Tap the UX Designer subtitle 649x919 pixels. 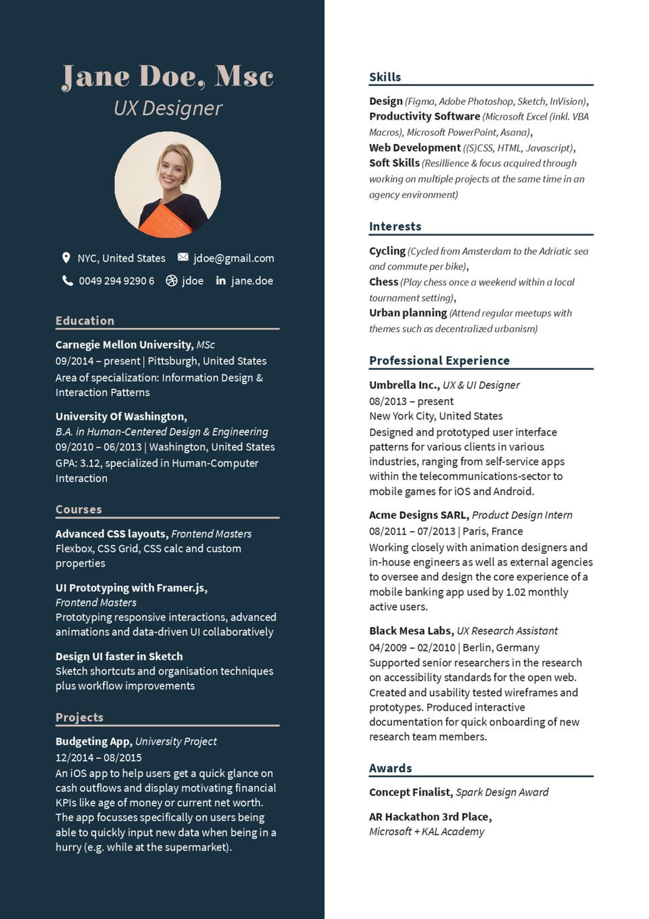[168, 108]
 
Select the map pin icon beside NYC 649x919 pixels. [66, 258]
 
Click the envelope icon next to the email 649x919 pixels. [183, 258]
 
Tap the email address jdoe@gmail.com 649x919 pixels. [234, 258]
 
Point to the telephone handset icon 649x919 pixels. [68, 281]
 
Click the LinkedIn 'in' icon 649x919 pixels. [220, 281]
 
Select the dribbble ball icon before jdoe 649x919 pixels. [171, 281]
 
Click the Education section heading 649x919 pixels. [85, 321]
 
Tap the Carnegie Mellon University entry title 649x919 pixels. [124, 345]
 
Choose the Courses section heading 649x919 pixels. [78, 509]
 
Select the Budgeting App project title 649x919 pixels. [93, 741]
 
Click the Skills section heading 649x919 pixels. [385, 77]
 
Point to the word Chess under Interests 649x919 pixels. [383, 282]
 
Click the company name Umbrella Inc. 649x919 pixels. [404, 385]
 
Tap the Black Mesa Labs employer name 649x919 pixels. [410, 631]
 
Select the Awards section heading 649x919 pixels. [390, 768]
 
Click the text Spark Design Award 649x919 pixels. [502, 793]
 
